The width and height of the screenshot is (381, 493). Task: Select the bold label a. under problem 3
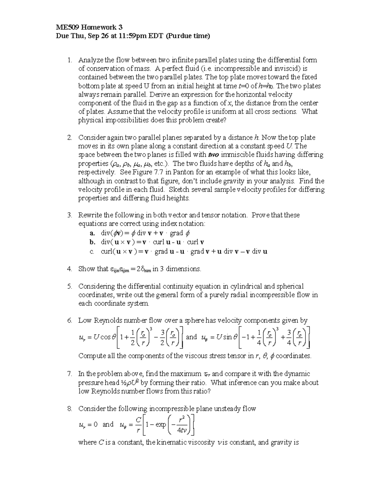pos(92,233)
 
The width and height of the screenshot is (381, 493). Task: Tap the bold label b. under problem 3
pos(92,242)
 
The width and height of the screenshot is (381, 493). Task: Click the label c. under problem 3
pos(92,252)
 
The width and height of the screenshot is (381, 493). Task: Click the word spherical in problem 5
pos(290,286)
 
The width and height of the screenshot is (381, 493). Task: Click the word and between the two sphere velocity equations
pos(191,337)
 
